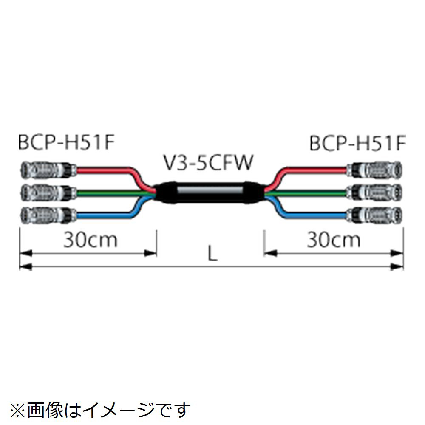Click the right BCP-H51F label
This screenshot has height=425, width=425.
tap(357, 144)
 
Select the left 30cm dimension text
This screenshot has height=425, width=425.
tap(90, 241)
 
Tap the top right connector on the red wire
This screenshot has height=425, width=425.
tap(374, 170)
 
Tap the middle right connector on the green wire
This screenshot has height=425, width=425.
tap(374, 192)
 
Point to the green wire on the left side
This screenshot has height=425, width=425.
tap(110, 193)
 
